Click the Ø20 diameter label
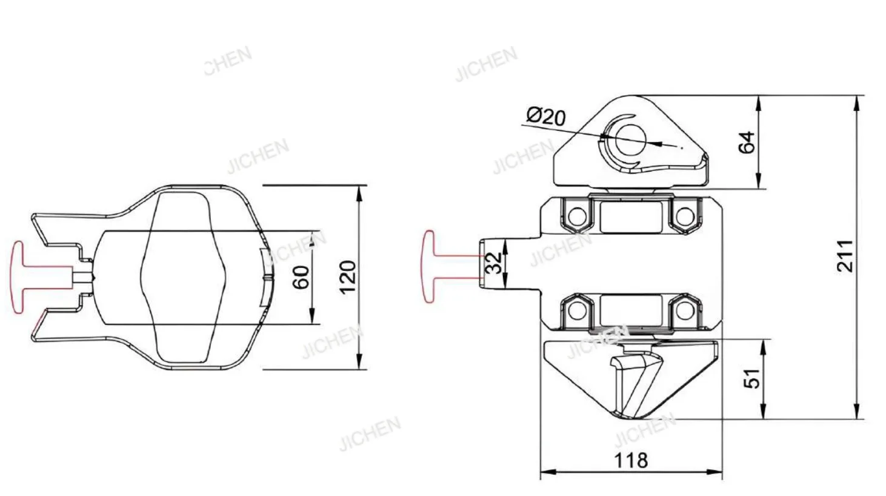(x=547, y=117)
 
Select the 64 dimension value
(x=747, y=142)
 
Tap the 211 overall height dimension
(x=845, y=256)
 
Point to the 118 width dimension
(x=631, y=460)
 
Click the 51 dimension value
(x=752, y=378)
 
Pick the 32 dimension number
(x=494, y=263)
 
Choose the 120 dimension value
(x=348, y=277)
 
